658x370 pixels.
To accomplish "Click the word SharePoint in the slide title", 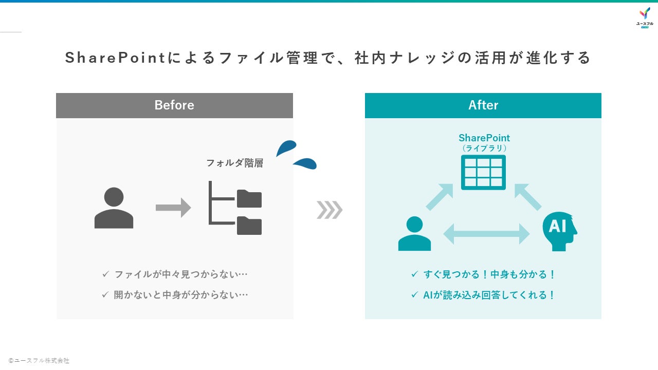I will click(x=115, y=58).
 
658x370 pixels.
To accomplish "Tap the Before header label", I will click(x=174, y=105).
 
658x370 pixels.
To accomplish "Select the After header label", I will click(x=483, y=105).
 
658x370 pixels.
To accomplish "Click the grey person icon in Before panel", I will click(x=114, y=208).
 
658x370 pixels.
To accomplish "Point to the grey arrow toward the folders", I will click(x=173, y=208).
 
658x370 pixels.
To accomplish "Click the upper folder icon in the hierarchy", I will click(x=249, y=198).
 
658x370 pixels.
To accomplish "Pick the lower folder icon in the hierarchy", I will click(x=249, y=226).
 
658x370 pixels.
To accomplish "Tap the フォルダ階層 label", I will click(x=234, y=163).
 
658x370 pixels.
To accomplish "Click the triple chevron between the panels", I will click(x=330, y=210).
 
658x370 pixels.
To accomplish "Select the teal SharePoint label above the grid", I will click(x=484, y=138).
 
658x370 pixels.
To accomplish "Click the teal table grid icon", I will click(x=483, y=172).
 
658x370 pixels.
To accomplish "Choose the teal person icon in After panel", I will click(x=414, y=233).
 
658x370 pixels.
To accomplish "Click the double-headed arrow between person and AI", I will click(x=486, y=234).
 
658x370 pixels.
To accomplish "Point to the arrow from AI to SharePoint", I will click(x=527, y=197).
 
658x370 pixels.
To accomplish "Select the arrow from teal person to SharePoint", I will click(x=440, y=197).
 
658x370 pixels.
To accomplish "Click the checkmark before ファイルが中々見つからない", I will click(x=105, y=274).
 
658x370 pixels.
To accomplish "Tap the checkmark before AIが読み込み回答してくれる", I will click(x=414, y=295).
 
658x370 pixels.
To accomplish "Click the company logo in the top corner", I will click(x=645, y=17).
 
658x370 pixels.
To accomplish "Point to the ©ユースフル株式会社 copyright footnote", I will click(x=39, y=361).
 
